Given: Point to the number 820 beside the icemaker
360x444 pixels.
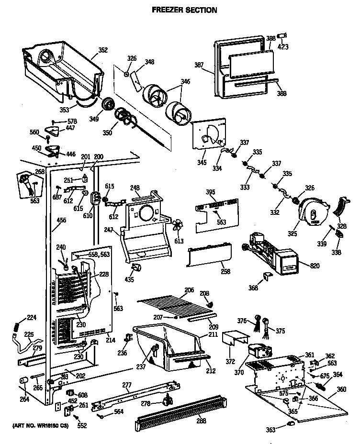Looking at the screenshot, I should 315,266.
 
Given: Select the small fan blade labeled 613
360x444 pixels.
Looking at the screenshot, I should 178,225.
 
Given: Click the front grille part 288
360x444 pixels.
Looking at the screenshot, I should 180,412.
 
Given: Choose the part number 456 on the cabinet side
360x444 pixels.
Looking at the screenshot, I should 61,220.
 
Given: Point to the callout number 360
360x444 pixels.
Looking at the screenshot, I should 341,389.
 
